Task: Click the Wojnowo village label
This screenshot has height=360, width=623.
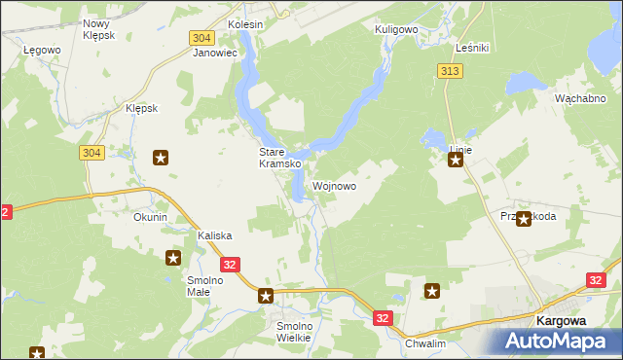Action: click(334, 186)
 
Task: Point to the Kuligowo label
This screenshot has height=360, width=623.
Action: click(396, 30)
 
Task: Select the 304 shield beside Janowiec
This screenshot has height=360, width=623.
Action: click(202, 37)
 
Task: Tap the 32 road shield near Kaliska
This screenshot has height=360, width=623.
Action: click(230, 264)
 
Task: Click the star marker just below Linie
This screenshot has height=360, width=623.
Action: click(455, 162)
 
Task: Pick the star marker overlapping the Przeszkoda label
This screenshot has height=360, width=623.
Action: click(524, 219)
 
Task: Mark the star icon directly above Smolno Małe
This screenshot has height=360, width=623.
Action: click(173, 258)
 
